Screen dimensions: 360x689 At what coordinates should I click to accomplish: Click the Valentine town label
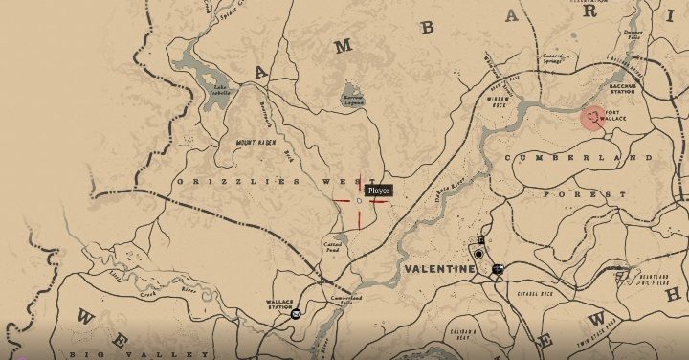click(x=439, y=270)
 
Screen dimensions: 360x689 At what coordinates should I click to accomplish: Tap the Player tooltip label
click(x=380, y=191)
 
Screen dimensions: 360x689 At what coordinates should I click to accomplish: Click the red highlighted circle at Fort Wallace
click(x=594, y=118)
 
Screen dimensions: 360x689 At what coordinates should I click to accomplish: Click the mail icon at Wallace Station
click(x=296, y=313)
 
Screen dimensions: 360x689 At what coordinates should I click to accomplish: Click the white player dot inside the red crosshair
click(x=359, y=201)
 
